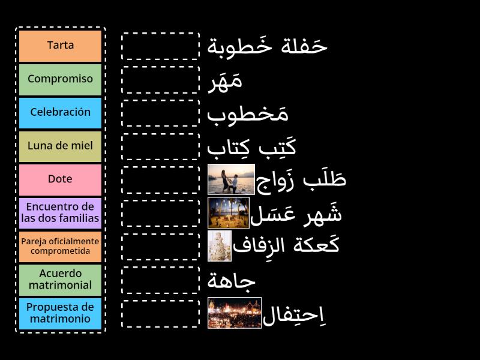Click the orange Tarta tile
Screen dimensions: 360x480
point(60,46)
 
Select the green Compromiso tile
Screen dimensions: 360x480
point(60,79)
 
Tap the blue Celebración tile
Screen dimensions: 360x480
point(60,113)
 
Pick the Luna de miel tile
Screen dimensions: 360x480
point(60,146)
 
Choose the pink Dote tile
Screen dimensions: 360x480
point(60,179)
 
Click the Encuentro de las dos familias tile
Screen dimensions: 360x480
point(60,212)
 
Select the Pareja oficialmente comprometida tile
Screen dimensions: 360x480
point(60,246)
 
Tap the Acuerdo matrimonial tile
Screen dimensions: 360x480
point(60,280)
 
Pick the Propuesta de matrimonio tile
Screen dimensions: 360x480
point(60,313)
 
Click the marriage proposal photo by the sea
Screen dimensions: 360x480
point(231,179)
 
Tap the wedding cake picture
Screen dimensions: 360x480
point(219,246)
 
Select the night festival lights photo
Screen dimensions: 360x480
point(235,313)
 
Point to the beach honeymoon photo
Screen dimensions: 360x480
point(228,212)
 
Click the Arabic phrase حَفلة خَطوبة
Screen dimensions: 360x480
point(267,46)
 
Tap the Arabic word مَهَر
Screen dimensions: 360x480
point(224,80)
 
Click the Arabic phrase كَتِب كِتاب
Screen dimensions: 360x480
point(251,146)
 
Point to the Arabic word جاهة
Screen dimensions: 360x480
point(232,280)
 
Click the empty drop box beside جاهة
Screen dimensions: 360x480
point(160,280)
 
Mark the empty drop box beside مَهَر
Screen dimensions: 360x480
point(160,80)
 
